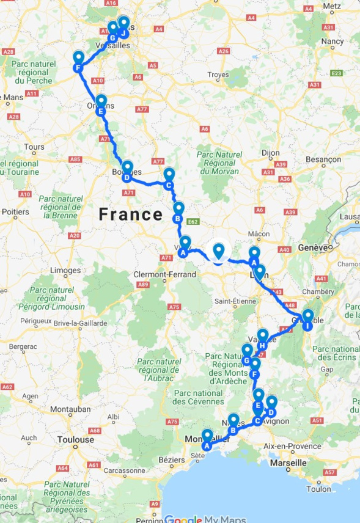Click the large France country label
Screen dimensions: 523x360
coord(131,214)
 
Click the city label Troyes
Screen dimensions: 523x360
coord(218,75)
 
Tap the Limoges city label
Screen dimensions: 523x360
coord(65,270)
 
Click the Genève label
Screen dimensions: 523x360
coord(314,247)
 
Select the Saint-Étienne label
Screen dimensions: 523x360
coord(235,301)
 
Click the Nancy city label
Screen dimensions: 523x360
coord(332,42)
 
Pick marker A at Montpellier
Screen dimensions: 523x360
coord(207,439)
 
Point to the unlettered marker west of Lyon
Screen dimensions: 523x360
coord(218,251)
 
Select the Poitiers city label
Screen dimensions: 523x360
coord(15,212)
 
